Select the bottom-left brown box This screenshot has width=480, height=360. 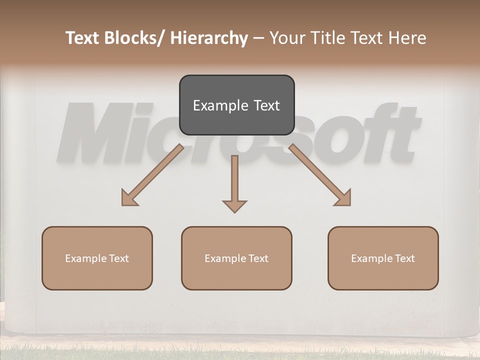click(97, 258)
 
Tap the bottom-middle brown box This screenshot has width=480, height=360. click(236, 258)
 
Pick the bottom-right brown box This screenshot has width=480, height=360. click(383, 258)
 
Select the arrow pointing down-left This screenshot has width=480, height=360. click(152, 175)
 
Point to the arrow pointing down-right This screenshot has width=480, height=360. click(320, 175)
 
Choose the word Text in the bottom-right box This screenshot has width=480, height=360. click(404, 258)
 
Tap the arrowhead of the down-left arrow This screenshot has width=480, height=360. click(129, 198)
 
